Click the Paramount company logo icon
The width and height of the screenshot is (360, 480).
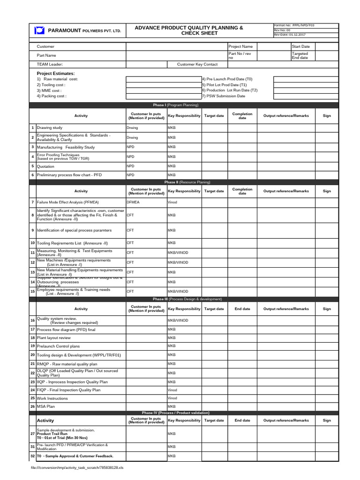click(39, 31)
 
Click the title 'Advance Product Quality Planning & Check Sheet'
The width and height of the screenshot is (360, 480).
click(189, 30)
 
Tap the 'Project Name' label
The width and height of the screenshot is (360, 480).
click(240, 46)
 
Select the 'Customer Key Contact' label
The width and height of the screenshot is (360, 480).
click(197, 64)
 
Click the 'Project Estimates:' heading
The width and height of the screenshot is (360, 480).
click(56, 73)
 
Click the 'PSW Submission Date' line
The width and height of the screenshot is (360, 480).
click(224, 96)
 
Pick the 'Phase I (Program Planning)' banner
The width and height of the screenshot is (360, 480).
click(182, 105)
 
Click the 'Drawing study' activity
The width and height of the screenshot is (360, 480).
click(50, 127)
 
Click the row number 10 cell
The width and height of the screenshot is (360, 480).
click(32, 243)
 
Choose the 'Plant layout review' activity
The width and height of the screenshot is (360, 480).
click(54, 337)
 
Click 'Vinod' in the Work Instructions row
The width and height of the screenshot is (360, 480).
click(172, 397)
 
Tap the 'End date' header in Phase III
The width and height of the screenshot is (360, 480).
click(242, 309)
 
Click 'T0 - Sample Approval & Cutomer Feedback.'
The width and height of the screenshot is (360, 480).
click(75, 456)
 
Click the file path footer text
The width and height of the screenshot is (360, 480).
click(77, 467)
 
